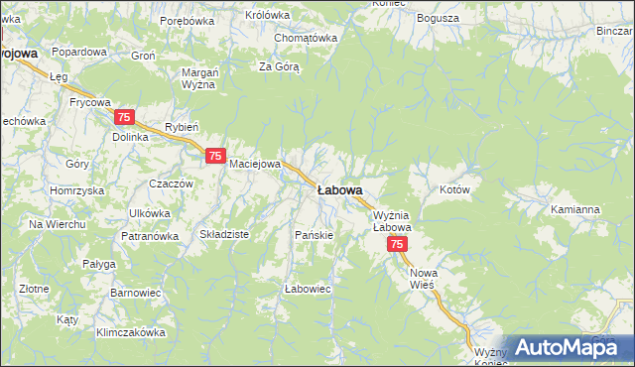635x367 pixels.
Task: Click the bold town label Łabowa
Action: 339,188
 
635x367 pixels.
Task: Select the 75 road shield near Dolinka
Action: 125,117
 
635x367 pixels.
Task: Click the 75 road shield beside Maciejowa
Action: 215,156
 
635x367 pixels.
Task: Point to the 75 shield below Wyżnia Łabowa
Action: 397,244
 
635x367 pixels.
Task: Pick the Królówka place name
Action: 267,15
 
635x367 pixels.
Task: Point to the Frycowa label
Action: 88,101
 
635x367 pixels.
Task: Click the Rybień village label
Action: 183,127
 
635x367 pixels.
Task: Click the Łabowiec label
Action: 307,288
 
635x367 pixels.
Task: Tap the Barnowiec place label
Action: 130,294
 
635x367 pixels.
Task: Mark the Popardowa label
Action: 79,51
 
